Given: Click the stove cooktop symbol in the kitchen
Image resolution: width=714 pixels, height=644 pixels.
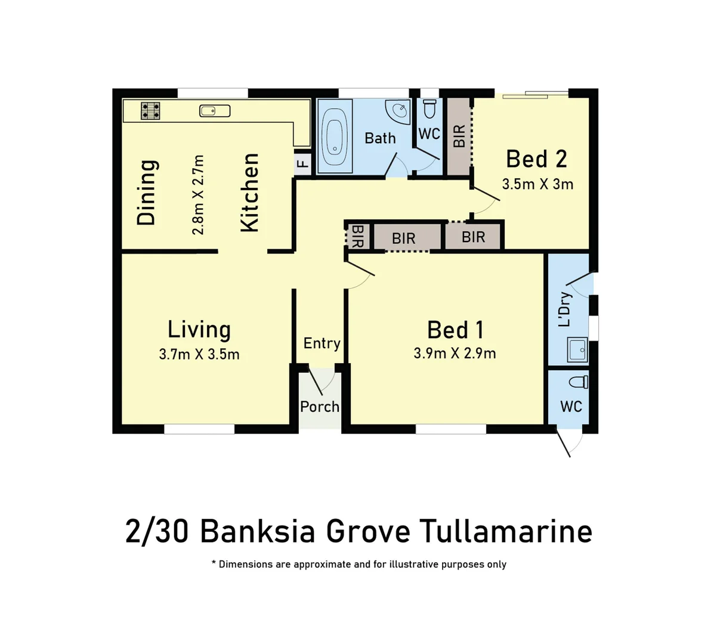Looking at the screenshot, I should coord(150,110).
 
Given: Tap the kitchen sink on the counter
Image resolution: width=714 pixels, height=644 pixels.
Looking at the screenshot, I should coord(215,110).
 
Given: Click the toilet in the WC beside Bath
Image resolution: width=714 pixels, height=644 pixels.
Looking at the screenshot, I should coord(429,109).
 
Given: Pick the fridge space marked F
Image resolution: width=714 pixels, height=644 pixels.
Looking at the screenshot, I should coord(303,163).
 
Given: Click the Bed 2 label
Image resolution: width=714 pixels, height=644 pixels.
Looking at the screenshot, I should coord(536,159).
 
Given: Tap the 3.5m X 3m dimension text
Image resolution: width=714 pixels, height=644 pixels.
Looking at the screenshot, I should coord(537,184).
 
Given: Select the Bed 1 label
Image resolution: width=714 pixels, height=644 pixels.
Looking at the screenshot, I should coord(455,330).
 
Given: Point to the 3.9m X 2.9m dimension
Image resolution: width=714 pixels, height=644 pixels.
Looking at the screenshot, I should coord(455,353).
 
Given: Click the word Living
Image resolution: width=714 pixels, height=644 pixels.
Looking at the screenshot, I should coord(199,329).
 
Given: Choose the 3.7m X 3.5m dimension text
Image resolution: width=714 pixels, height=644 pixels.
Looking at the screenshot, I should coord(199,354).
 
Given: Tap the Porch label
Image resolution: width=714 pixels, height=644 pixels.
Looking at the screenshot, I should coord(320,407).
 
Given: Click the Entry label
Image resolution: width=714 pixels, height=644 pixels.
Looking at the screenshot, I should coord(322,343).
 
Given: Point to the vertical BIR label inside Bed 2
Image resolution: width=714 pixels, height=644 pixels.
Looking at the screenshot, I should coord(459,137).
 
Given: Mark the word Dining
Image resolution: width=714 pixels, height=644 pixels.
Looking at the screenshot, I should coord(147,192).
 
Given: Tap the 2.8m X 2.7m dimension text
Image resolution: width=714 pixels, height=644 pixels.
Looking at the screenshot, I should coord(199,194).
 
